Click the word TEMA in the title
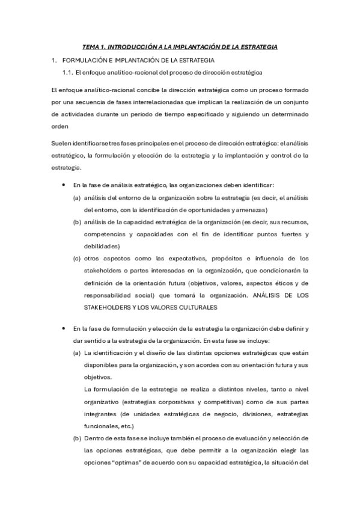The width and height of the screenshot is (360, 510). (x=92, y=47)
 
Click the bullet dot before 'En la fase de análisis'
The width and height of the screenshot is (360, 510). (x=64, y=184)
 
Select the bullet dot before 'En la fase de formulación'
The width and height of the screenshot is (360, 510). (x=64, y=328)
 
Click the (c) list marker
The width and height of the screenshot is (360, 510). (x=77, y=259)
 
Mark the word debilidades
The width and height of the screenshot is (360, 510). (x=102, y=246)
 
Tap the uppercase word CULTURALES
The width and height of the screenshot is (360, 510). (x=193, y=307)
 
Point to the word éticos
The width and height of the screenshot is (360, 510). (x=279, y=283)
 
